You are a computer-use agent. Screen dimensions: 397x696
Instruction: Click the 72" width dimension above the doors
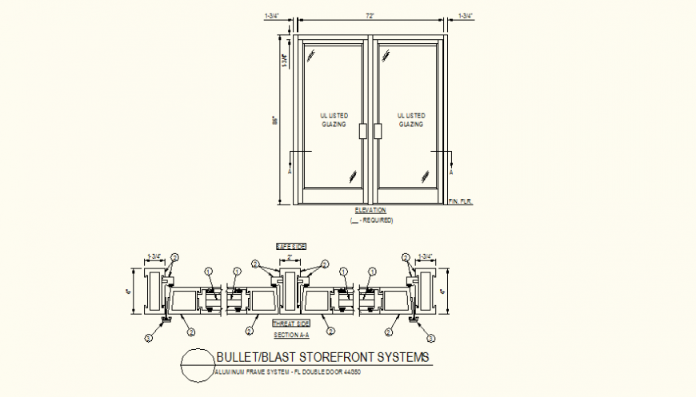point(370,16)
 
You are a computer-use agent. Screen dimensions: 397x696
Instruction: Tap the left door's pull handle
point(363,131)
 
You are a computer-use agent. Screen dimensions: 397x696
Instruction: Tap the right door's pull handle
point(377,131)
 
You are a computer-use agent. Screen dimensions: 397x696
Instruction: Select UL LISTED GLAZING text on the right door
point(410,120)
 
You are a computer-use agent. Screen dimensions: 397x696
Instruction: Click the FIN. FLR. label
point(462,201)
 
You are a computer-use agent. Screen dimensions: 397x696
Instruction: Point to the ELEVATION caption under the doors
point(370,210)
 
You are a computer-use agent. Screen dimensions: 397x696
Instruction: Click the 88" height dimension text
point(274,121)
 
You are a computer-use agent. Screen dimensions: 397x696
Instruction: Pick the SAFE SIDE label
point(292,246)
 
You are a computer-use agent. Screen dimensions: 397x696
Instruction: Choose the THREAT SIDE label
point(291,324)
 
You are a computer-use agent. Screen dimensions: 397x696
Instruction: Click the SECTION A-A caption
point(291,335)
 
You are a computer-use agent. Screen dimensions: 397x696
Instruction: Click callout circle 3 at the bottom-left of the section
point(148,338)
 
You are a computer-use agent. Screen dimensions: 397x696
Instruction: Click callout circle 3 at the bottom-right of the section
point(434,338)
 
